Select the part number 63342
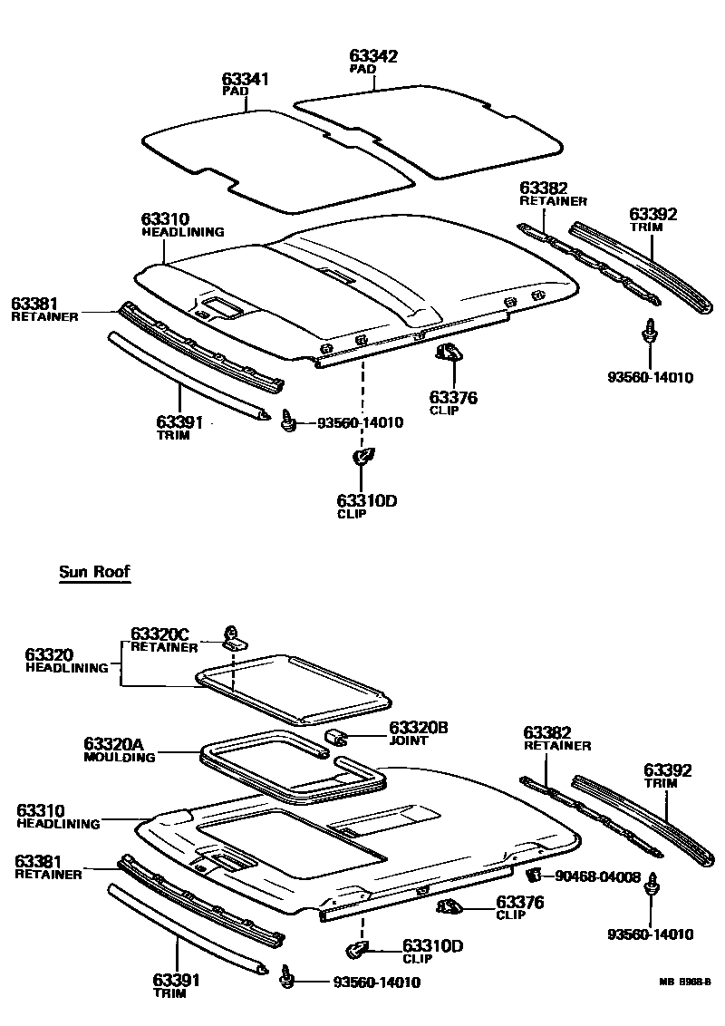point(373,56)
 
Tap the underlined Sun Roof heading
point(94,572)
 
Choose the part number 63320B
point(419,727)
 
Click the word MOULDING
point(119,757)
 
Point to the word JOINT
point(408,740)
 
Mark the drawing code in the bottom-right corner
point(685,981)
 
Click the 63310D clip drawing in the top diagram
point(362,458)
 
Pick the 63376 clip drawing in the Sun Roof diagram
point(449,906)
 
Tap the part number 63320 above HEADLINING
point(50,654)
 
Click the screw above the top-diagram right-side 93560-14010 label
point(649,333)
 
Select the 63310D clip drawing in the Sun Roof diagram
point(357,949)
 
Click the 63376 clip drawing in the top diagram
point(448,351)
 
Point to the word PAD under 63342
point(362,69)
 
